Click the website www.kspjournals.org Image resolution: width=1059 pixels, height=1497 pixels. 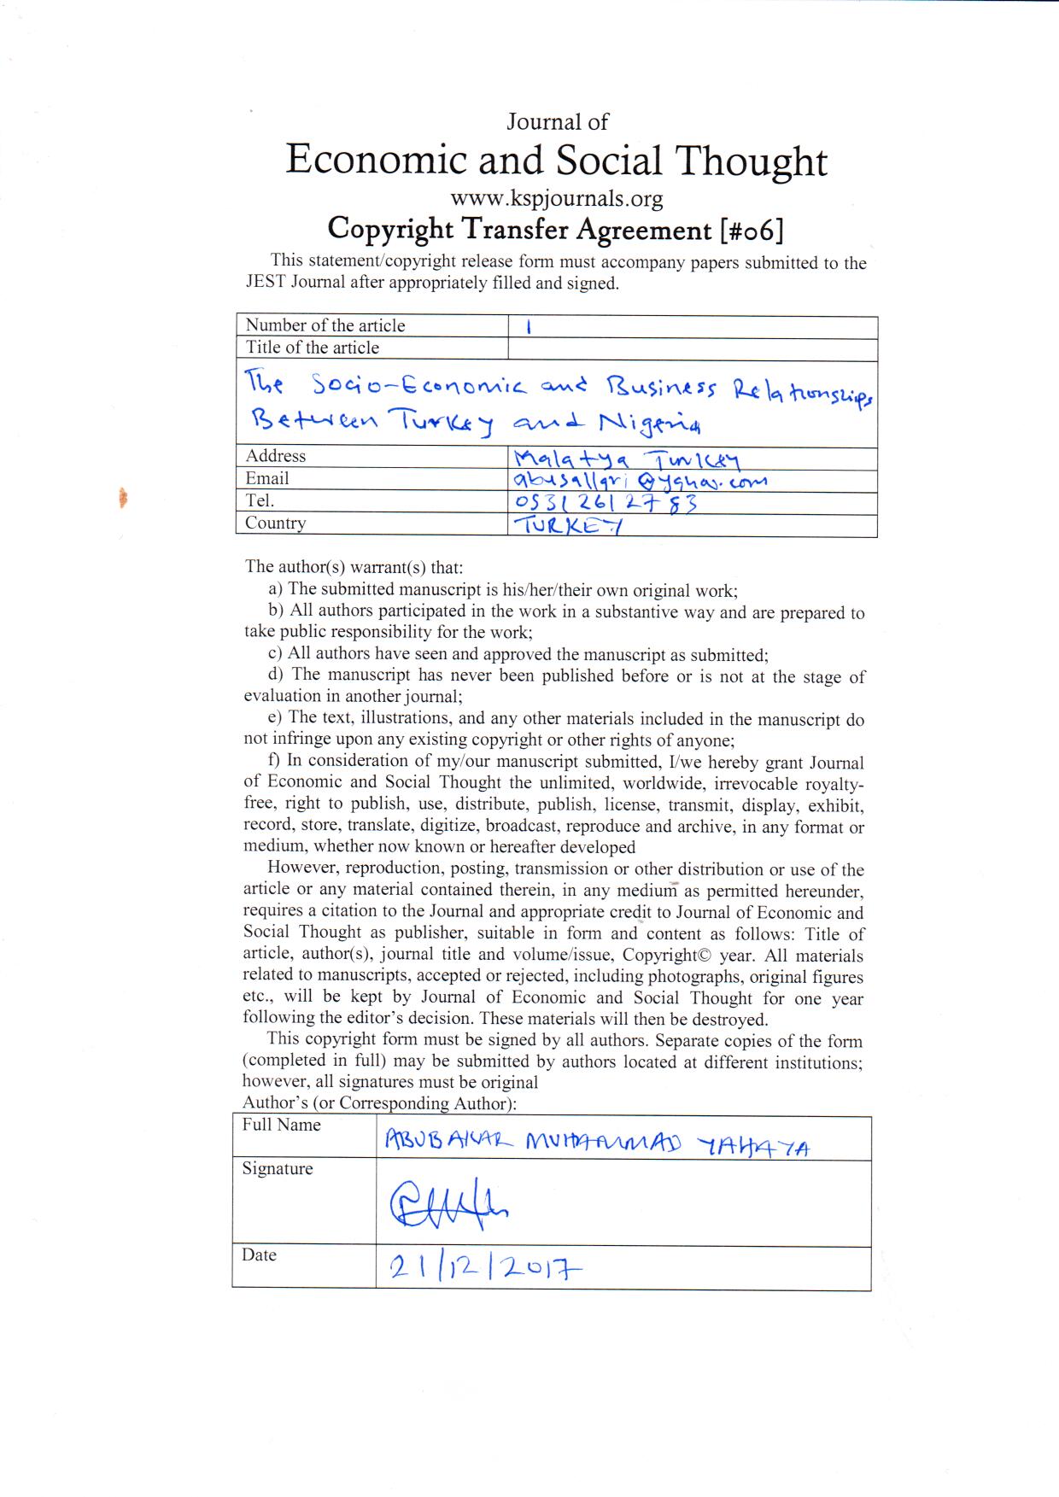click(x=556, y=199)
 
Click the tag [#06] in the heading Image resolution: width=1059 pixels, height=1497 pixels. click(x=752, y=229)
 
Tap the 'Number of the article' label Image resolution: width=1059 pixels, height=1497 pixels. click(x=325, y=325)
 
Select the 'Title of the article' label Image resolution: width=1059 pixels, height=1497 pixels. click(x=312, y=348)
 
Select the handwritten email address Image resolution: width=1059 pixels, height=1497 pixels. click(x=637, y=482)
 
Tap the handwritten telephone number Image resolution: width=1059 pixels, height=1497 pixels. click(x=604, y=504)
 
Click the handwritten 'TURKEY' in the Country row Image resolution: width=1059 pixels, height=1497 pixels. click(x=567, y=526)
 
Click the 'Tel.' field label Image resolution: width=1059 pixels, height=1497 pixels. click(x=260, y=500)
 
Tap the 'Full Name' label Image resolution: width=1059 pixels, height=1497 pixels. click(x=281, y=1125)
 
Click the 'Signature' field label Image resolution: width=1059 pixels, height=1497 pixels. click(x=277, y=1168)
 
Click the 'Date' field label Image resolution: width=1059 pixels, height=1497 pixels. click(x=259, y=1254)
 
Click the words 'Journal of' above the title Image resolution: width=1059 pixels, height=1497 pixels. click(x=557, y=122)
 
